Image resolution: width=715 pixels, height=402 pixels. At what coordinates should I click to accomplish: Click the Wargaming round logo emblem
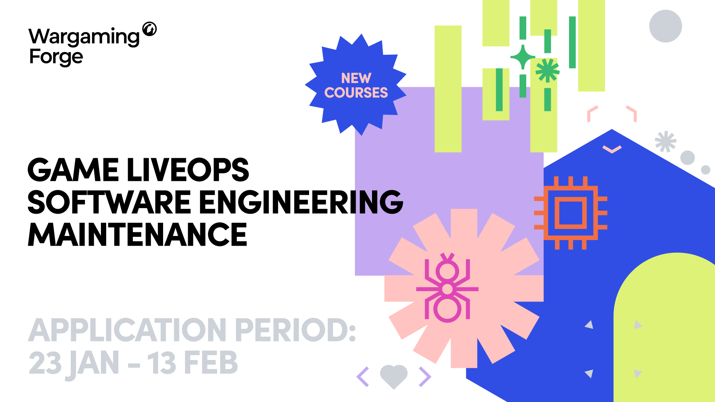150,29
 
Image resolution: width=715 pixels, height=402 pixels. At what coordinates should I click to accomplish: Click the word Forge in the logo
56,57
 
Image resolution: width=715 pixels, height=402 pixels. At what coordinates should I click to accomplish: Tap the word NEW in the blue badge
356,78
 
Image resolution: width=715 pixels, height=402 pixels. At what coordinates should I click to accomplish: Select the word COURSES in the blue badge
356,92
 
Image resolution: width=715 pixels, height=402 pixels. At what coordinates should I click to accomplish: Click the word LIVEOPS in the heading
188,170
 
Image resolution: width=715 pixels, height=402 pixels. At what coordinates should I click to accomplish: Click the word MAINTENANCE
137,234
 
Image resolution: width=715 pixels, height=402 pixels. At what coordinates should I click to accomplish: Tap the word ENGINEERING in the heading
301,202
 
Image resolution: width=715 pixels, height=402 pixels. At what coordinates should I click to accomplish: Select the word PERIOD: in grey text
296,330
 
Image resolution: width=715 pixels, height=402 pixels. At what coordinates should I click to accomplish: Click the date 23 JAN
74,363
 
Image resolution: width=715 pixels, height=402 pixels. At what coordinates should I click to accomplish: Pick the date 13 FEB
193,363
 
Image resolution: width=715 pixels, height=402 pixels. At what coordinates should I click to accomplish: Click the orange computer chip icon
571,213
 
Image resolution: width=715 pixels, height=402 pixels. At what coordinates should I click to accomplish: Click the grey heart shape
394,376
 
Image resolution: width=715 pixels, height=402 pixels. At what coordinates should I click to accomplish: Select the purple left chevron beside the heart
363,377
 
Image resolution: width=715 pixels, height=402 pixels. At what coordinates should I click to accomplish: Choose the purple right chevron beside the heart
425,377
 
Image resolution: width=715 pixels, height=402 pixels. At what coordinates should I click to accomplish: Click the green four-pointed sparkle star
523,57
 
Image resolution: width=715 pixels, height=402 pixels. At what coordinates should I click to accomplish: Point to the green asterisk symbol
547,70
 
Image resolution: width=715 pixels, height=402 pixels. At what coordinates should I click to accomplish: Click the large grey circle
665,26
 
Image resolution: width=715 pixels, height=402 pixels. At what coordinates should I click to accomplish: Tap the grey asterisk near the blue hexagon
665,141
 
